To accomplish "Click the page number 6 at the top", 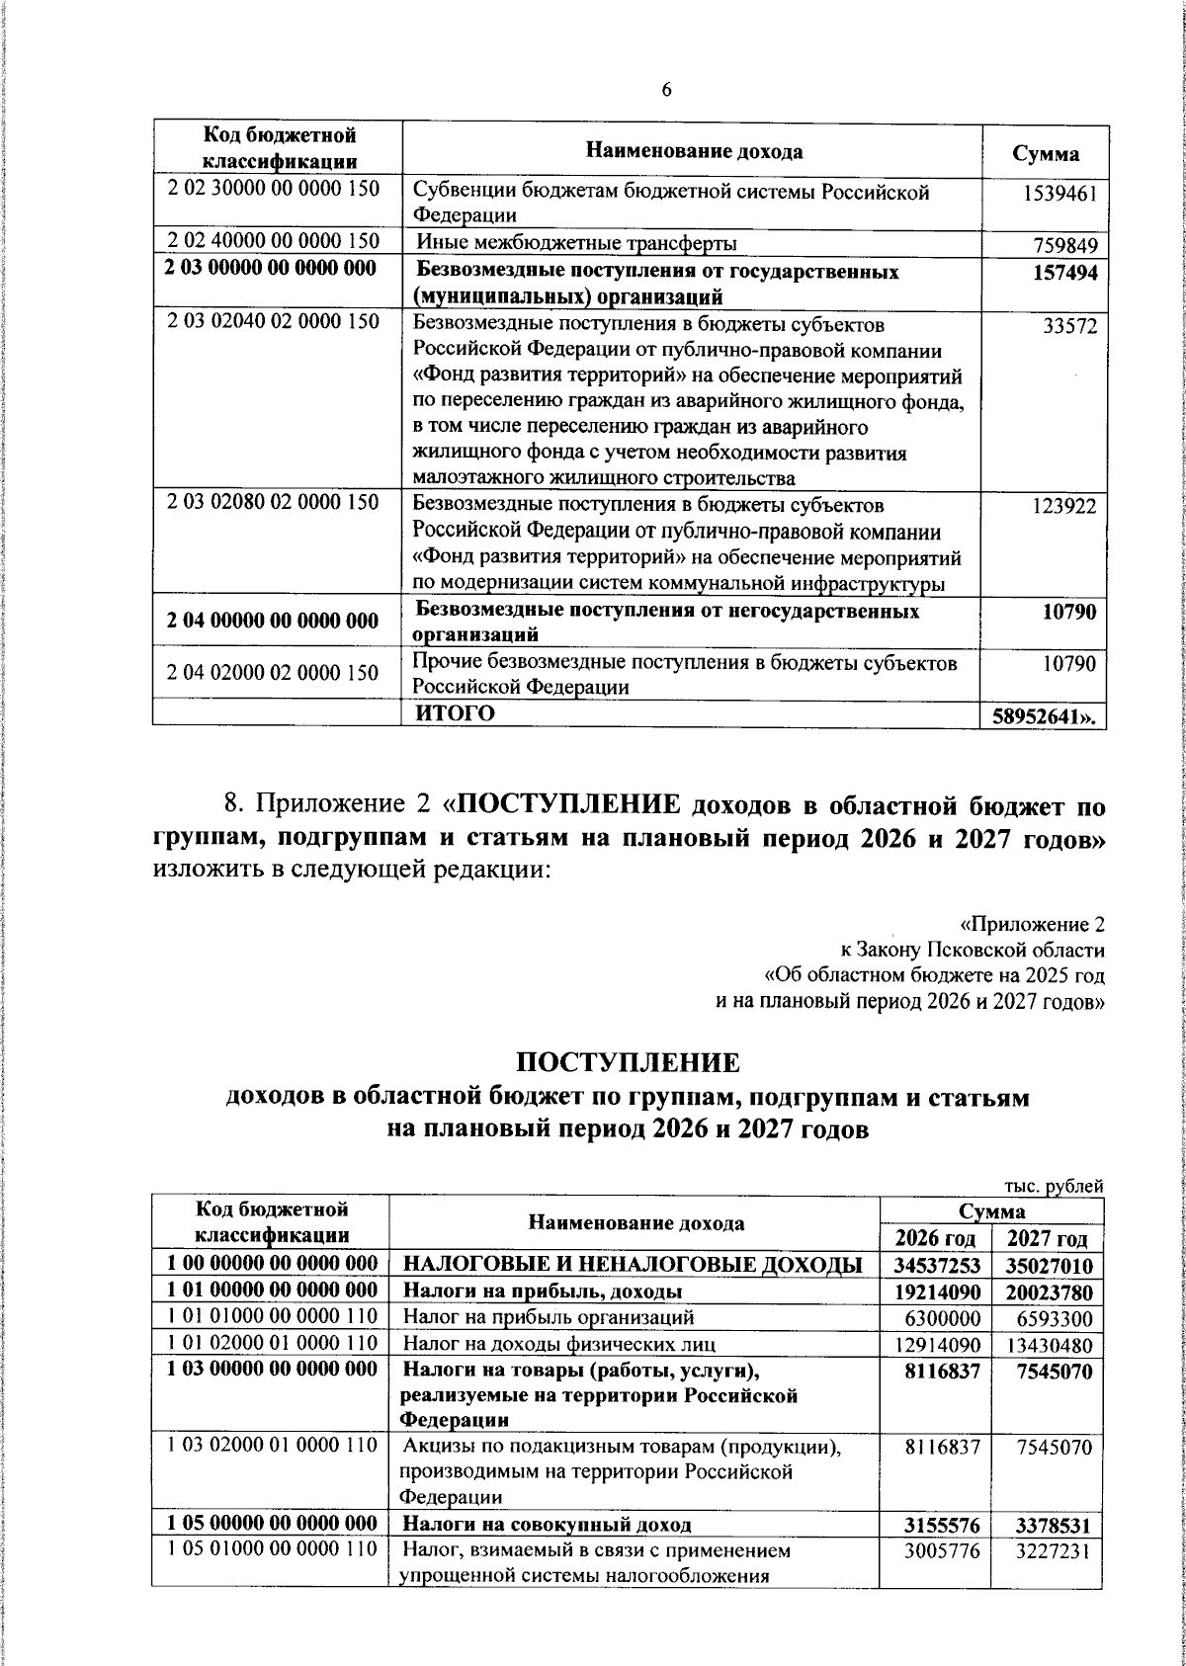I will click(665, 90).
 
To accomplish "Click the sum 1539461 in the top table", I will click(1060, 194).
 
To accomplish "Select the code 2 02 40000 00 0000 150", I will click(274, 241).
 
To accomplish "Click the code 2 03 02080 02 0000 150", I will click(274, 503).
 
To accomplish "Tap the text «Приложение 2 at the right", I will click(1032, 925).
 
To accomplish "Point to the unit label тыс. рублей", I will click(1054, 1187).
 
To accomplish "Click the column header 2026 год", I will click(935, 1238).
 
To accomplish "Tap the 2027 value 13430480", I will click(1050, 1344).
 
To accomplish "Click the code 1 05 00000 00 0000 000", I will click(271, 1523).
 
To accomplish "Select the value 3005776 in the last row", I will click(942, 1550).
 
